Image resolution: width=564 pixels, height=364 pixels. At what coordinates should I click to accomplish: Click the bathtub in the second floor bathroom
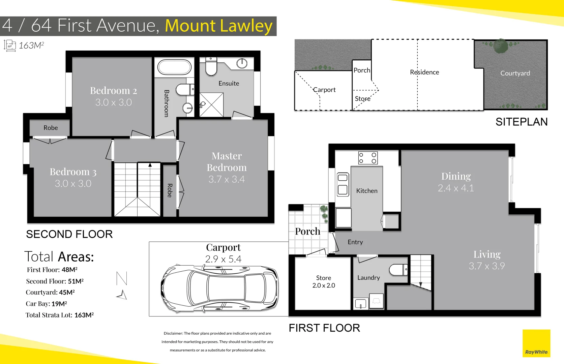coord(174,67)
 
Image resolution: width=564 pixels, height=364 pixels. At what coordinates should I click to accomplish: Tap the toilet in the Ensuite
coord(211,66)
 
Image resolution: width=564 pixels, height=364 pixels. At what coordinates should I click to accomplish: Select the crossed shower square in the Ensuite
coord(212,105)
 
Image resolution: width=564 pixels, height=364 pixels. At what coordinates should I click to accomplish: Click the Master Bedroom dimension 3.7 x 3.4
coord(227,179)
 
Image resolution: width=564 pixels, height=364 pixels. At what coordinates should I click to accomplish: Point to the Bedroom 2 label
coord(114,91)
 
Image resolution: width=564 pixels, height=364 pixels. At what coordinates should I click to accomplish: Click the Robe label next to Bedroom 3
coord(51,128)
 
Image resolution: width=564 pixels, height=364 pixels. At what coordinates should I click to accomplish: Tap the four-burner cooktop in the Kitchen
coord(367,158)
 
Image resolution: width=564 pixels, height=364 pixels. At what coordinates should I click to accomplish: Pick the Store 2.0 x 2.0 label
coord(324,282)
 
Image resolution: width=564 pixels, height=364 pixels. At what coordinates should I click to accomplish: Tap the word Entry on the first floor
coord(355,242)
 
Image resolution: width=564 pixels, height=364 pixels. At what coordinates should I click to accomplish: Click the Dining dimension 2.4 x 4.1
coord(456,188)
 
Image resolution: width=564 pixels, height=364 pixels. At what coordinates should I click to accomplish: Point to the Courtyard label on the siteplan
coord(515,73)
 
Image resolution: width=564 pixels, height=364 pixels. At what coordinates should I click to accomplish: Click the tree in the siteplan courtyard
coord(501,46)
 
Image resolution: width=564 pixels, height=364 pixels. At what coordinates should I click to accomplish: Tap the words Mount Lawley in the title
coord(218,26)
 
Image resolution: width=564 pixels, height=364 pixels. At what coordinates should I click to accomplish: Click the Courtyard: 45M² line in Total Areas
coord(50,292)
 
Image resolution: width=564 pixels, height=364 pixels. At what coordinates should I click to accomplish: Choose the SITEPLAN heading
coord(521,122)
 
